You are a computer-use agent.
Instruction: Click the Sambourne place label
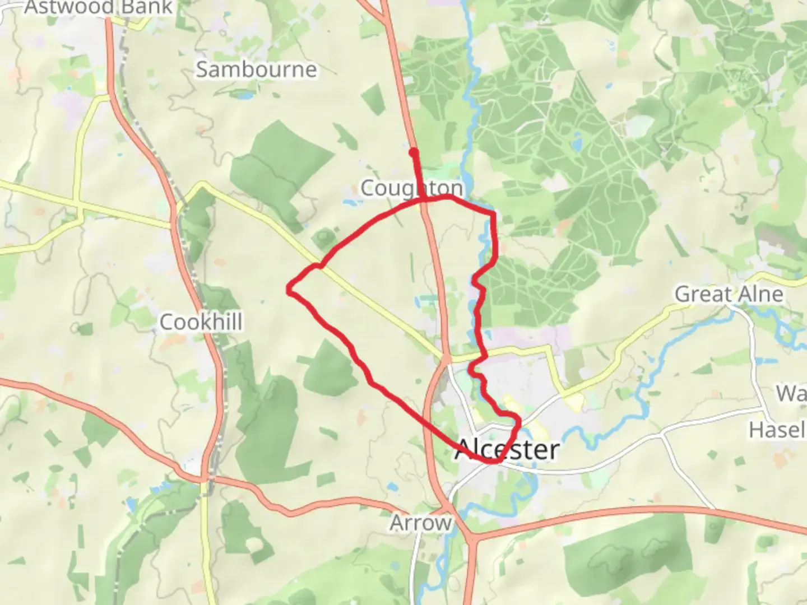point(256,69)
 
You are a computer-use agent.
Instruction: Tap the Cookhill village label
point(201,322)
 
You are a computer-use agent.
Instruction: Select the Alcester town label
point(507,450)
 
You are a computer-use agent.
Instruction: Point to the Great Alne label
point(729,294)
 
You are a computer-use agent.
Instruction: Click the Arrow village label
point(420,523)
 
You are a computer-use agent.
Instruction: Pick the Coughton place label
point(411,188)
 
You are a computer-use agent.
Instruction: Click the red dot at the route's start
point(414,152)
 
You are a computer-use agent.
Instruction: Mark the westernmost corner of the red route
point(289,289)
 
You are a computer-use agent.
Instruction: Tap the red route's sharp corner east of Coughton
point(493,213)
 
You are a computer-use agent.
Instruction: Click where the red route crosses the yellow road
point(320,266)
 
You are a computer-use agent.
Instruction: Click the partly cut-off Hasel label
point(777,430)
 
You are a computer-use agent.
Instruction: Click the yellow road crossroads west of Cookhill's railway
point(78,204)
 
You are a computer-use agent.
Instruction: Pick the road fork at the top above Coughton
point(386,20)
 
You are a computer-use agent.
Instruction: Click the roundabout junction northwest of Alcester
point(446,359)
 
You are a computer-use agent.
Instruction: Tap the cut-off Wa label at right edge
point(791,393)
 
